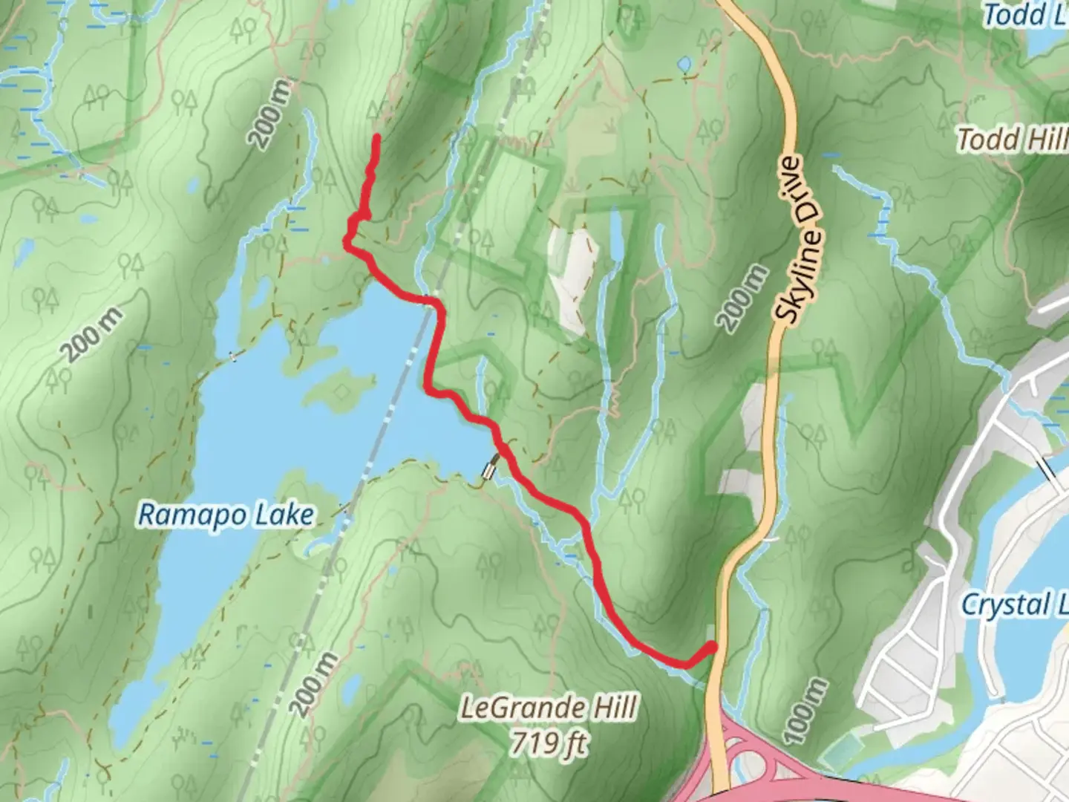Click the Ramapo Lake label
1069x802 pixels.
[x=226, y=515]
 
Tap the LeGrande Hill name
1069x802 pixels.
[x=549, y=708]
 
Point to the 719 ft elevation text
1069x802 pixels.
[x=549, y=743]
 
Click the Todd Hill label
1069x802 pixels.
[x=1011, y=139]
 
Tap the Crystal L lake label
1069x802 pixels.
[x=1014, y=604]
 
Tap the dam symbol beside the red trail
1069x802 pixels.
[x=490, y=469]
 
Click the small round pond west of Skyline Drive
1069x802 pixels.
[x=684, y=65]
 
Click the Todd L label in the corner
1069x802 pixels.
[x=1024, y=15]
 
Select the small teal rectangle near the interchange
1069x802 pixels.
[x=838, y=754]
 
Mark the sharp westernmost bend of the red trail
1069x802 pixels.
[x=346, y=239]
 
